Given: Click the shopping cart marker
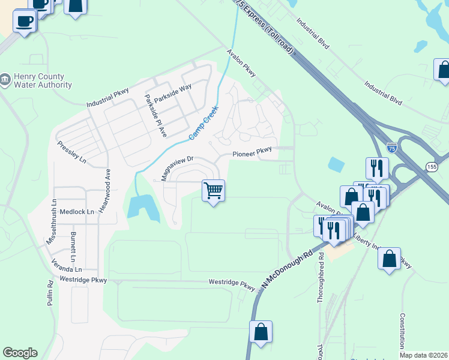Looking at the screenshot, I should tap(213, 191).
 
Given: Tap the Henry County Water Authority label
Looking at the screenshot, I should tap(36, 80).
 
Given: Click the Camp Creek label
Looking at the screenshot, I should tap(203, 124).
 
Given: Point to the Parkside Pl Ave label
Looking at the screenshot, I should tap(154, 115).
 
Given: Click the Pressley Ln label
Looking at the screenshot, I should tap(72, 152).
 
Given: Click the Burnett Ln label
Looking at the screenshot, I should tap(73, 246).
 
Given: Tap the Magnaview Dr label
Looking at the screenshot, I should tap(176, 169).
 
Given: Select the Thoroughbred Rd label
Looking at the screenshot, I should tap(321, 277).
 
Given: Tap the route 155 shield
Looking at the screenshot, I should tap(432, 167).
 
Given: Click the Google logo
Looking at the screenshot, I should tap(20, 353).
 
